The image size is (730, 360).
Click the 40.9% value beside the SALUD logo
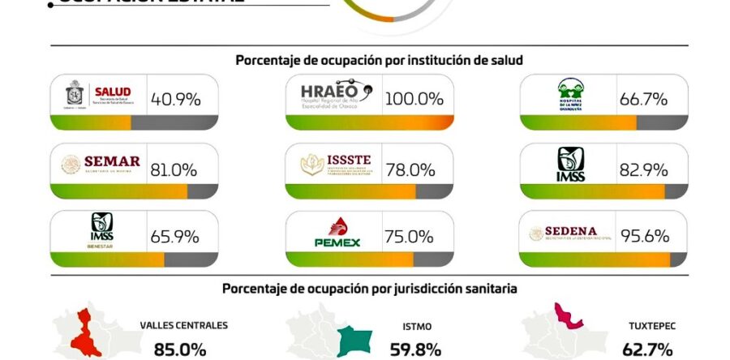[174, 100]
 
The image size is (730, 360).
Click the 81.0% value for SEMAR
[174, 169]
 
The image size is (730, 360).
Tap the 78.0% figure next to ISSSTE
[410, 169]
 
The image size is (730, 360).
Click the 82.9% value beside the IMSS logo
[643, 169]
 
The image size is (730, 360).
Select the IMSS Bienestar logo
[101, 231]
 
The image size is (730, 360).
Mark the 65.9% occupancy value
[174, 238]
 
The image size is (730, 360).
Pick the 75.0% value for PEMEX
[410, 238]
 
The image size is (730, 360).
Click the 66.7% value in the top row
[643, 100]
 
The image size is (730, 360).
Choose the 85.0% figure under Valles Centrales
[174, 350]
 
